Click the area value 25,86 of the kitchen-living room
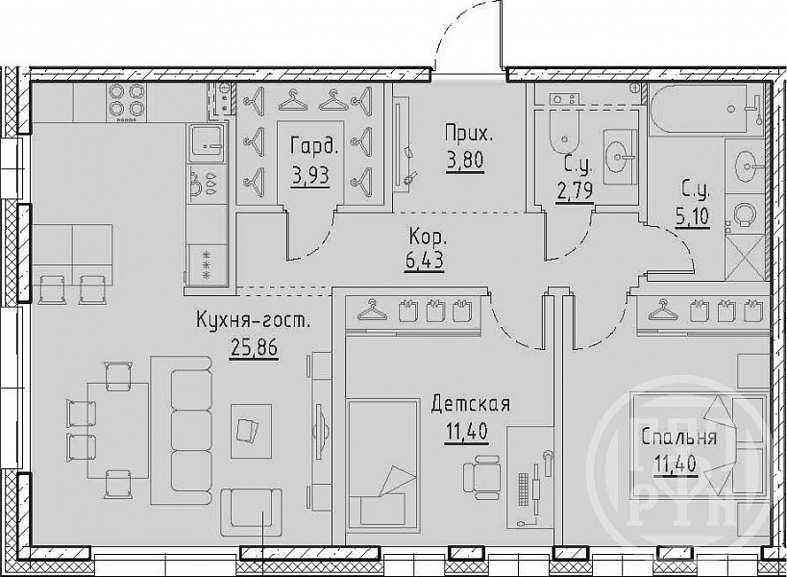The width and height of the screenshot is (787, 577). point(254,347)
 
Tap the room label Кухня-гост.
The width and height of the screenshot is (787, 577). point(253,319)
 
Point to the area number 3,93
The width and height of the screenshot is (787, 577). point(310,176)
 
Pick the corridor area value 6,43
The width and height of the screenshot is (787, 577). point(424,262)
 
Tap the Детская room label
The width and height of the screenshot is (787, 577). point(470,404)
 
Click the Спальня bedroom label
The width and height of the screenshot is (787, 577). point(678,438)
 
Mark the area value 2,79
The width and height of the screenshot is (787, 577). point(576,190)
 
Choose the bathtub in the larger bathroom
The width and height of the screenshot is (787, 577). point(706,110)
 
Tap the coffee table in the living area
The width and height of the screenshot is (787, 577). point(251,432)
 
